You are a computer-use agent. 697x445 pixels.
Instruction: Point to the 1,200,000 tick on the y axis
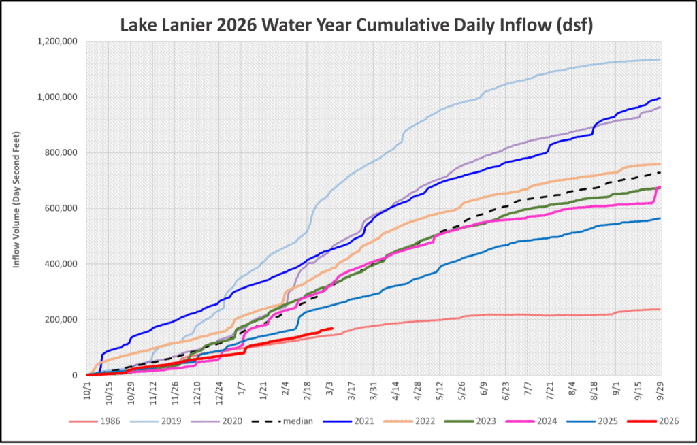pos(58,42)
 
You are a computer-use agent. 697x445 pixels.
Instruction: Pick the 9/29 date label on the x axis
pos(658,391)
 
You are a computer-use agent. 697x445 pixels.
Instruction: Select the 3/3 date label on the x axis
pos(330,391)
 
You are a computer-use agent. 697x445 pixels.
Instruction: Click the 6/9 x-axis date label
pos(483,391)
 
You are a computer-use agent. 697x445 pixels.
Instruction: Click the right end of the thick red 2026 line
pos(331,329)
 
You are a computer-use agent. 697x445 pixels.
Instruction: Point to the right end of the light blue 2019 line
pos(660,59)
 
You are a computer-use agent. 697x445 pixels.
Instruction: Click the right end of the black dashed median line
pos(660,172)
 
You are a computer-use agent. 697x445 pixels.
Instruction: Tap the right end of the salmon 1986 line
pos(660,309)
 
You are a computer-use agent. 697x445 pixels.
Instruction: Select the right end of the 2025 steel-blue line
pos(660,218)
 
